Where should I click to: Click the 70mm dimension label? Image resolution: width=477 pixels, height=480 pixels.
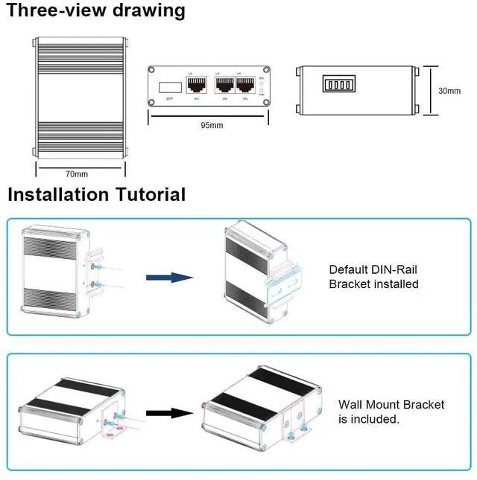pyautogui.click(x=77, y=174)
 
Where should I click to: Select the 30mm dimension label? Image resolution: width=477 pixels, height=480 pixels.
pyautogui.click(x=449, y=91)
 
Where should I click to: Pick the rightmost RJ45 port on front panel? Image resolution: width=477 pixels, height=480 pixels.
pyautogui.click(x=244, y=86)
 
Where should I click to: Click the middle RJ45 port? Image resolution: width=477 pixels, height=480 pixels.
pyautogui.click(x=224, y=86)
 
